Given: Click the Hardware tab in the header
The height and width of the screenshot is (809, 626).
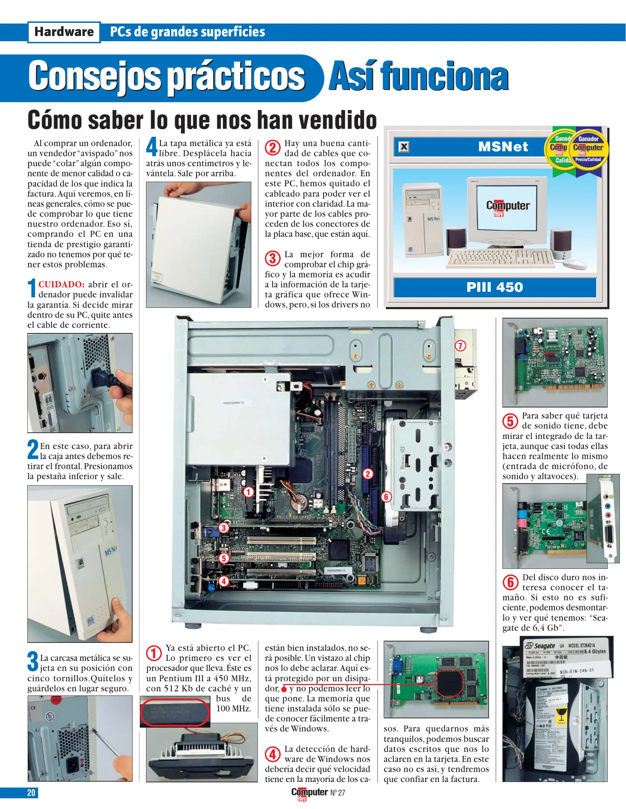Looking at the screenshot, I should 64,32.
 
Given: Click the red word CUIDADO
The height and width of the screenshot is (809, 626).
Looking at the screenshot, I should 61,284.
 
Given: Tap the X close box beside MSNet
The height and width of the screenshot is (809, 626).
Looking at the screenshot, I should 404,146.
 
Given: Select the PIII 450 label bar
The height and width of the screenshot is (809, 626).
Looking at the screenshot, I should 495,287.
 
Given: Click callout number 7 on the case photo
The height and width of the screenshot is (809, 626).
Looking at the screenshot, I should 460,346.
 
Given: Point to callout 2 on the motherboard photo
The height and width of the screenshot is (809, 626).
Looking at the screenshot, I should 368,474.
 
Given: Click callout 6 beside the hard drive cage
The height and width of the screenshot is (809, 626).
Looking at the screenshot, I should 386,497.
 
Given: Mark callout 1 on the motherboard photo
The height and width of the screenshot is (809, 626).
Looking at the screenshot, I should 248,492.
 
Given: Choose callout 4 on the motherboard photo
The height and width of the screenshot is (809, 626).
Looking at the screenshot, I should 224,581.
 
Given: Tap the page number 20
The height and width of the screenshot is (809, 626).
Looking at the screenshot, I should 31,793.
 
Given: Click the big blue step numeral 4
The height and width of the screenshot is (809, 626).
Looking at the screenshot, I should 152,146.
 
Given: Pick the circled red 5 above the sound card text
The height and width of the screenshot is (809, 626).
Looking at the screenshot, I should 510,421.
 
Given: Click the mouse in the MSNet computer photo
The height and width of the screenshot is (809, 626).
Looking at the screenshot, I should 575,264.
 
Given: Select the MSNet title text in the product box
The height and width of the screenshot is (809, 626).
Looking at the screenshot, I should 503,146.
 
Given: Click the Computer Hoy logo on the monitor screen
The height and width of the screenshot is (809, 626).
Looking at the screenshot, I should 508,207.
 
